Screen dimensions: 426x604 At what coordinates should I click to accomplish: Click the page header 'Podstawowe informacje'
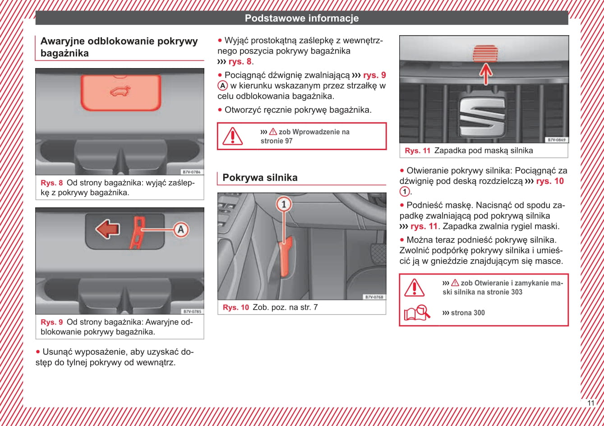tap(302, 18)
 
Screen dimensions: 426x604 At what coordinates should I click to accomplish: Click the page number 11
tap(591, 403)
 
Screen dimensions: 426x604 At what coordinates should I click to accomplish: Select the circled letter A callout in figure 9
tap(181, 229)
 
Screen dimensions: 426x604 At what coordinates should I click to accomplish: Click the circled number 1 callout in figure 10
tap(284, 204)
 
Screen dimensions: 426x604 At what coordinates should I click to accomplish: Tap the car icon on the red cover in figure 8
tap(120, 91)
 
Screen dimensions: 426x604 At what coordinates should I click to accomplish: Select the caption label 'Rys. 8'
tap(51, 183)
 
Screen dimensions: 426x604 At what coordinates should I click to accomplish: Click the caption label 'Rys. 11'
tap(417, 151)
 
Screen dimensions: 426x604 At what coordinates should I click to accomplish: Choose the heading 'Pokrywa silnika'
tap(260, 178)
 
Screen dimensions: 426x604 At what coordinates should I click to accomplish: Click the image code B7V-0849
tap(556, 140)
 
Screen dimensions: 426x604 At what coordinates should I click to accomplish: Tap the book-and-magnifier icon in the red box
tap(416, 312)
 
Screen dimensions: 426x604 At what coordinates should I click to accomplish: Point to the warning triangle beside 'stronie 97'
tap(233, 136)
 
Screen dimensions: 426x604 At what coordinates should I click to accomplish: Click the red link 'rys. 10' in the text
tap(549, 181)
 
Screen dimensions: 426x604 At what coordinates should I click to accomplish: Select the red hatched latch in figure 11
tap(485, 54)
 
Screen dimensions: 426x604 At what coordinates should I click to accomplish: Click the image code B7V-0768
tap(374, 297)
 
